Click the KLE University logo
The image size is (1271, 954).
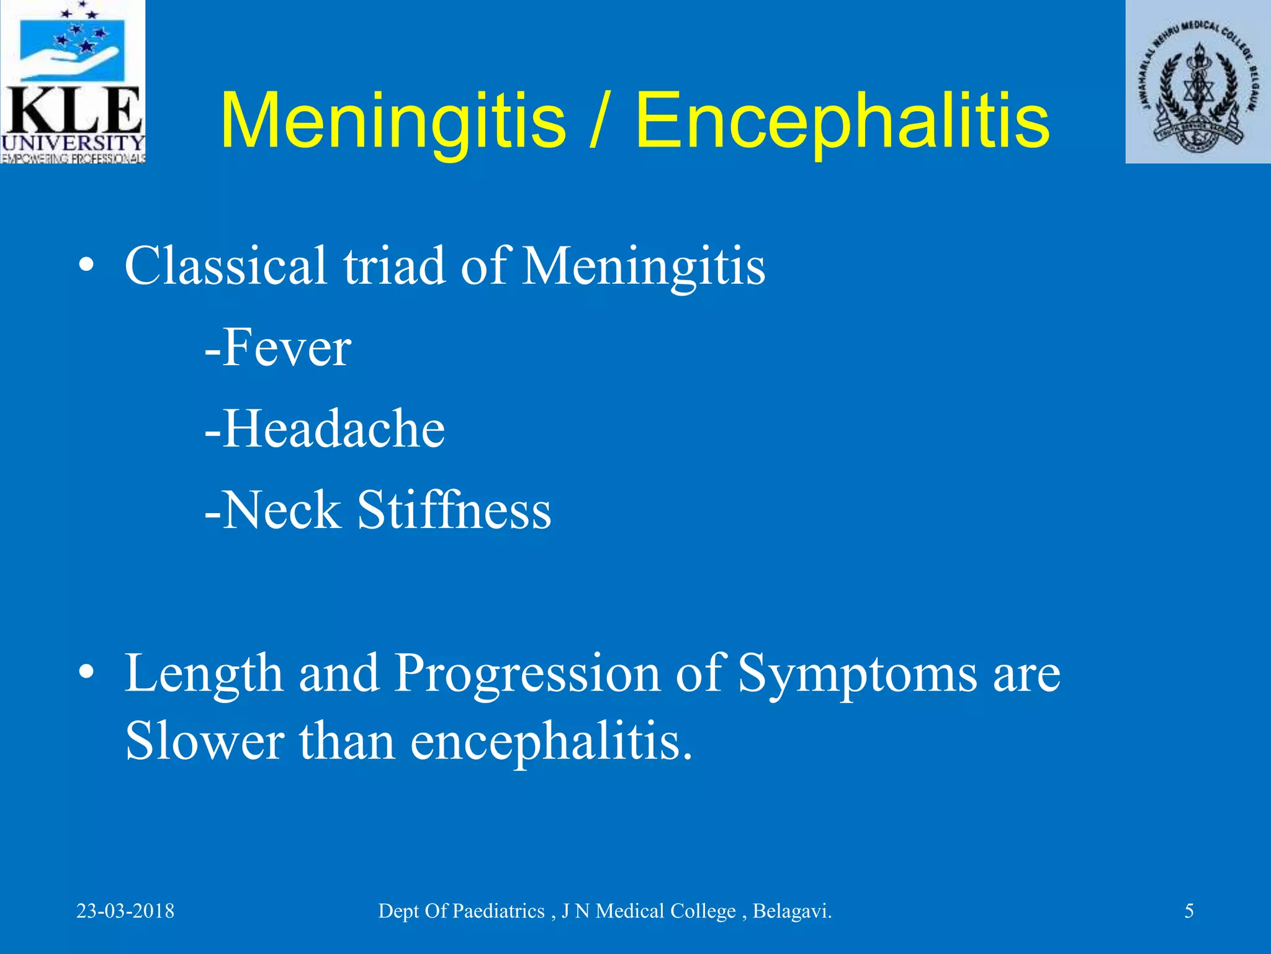73,81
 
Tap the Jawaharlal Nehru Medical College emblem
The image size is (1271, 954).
1198,81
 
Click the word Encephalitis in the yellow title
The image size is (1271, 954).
842,120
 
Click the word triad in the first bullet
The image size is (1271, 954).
394,266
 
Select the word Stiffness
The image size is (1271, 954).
454,511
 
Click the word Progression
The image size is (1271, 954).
527,674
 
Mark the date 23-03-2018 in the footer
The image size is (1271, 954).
125,911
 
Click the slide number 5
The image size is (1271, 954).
1189,911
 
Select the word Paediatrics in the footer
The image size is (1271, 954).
498,911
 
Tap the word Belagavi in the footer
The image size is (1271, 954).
791,911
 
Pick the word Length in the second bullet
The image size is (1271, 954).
204,674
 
